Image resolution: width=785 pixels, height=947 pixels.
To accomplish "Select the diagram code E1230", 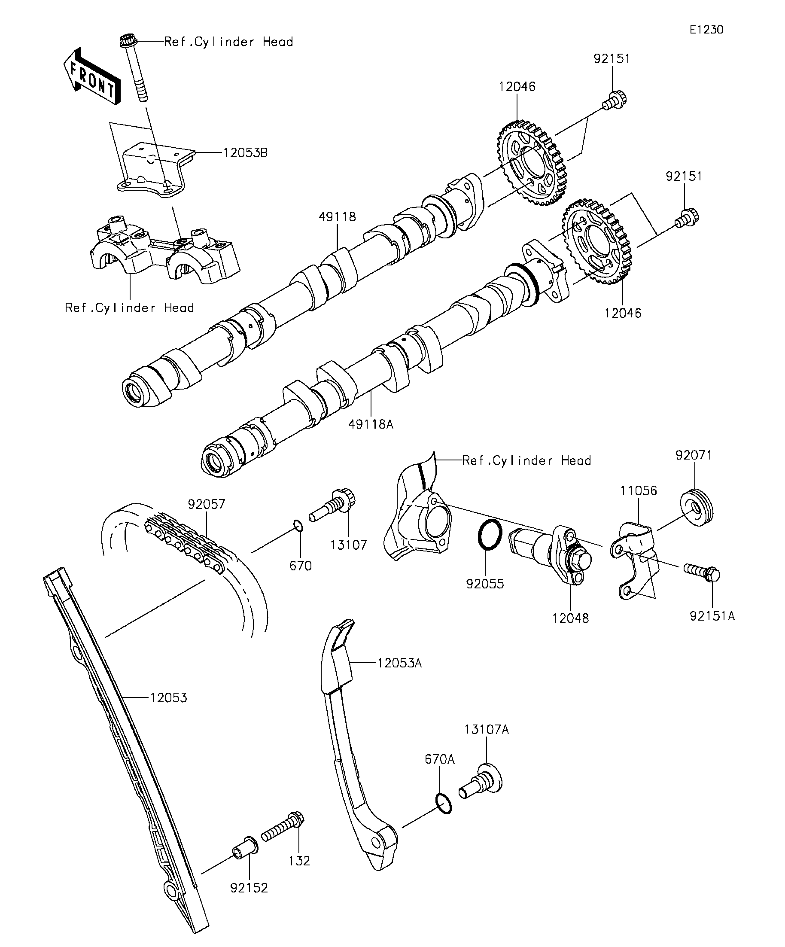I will click(706, 30).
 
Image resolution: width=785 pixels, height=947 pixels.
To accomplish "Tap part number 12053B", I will click(245, 153).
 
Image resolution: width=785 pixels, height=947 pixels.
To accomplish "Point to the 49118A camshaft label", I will click(371, 424).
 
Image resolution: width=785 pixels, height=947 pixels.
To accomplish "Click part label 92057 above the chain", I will click(207, 504).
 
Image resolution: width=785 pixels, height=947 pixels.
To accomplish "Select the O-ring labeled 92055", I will click(489, 535).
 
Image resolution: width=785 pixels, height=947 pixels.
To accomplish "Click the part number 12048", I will click(570, 618).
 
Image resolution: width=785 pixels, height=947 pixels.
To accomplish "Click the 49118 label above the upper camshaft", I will click(337, 217).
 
